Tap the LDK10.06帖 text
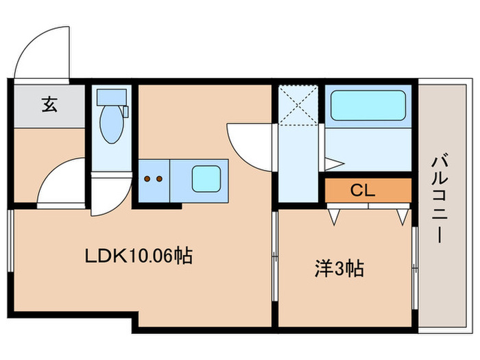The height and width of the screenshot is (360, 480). coord(138,256)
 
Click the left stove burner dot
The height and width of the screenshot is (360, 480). coord(147,179)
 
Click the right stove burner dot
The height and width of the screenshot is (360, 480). coord(159,179)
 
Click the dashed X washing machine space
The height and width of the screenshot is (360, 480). coord(299,105)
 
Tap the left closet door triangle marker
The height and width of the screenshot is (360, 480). coord(335,216)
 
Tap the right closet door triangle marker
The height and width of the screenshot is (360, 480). coord(402,216)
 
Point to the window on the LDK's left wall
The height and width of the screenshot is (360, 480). coord(10,243)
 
